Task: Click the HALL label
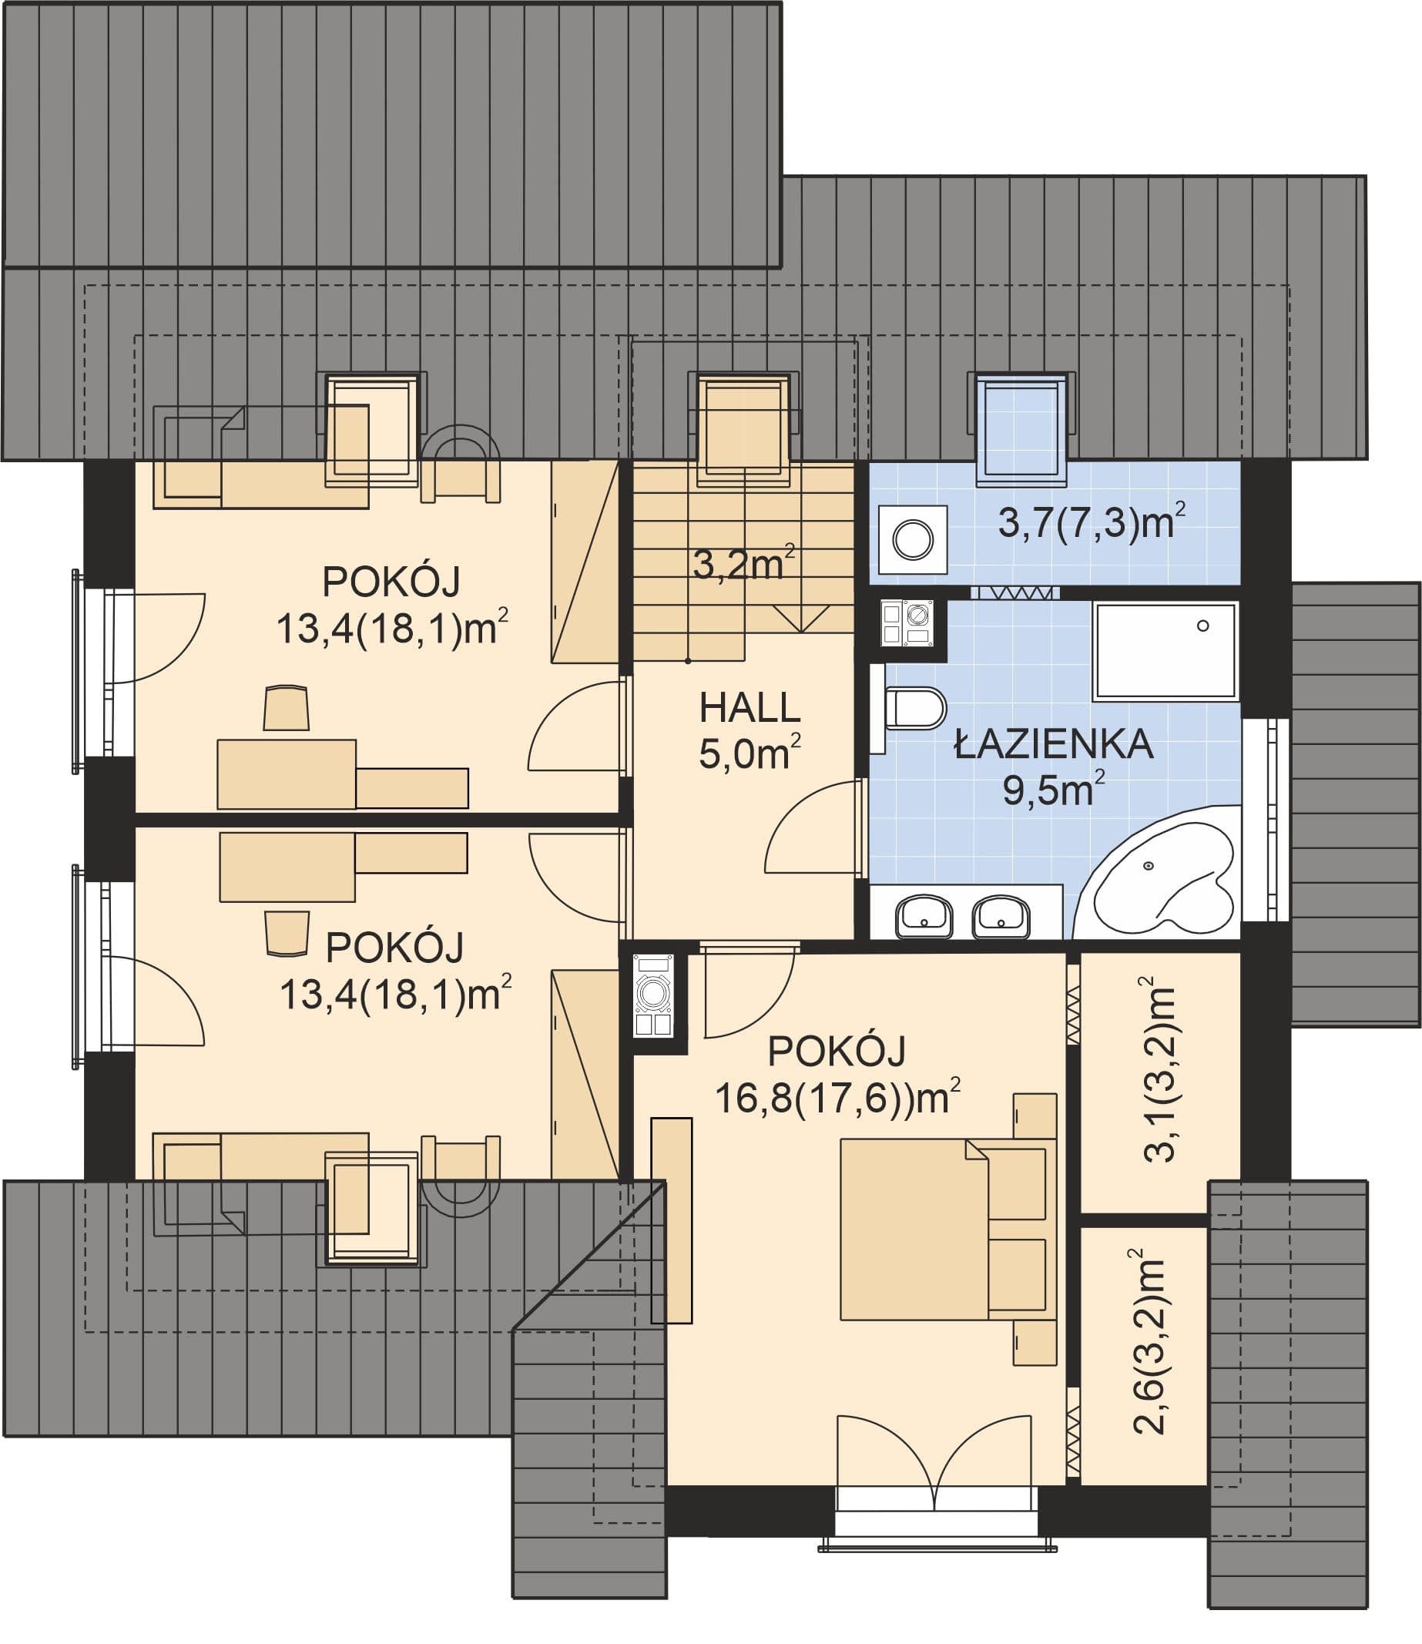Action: click(749, 708)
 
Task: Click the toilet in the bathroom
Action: click(915, 708)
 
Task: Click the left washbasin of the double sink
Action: click(924, 917)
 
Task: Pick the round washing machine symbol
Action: click(913, 539)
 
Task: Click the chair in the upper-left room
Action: click(286, 708)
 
